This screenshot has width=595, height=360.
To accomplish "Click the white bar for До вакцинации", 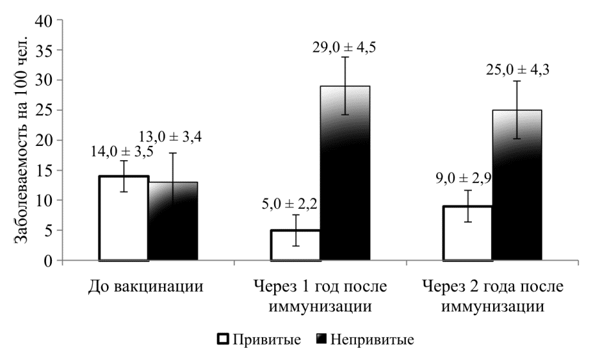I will coord(123,218).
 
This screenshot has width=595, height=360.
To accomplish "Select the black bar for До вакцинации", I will coord(172,221).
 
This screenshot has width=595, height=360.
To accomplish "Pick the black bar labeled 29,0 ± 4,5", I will coord(345,173).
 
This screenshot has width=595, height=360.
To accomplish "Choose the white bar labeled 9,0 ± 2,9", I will coord(467,233).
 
